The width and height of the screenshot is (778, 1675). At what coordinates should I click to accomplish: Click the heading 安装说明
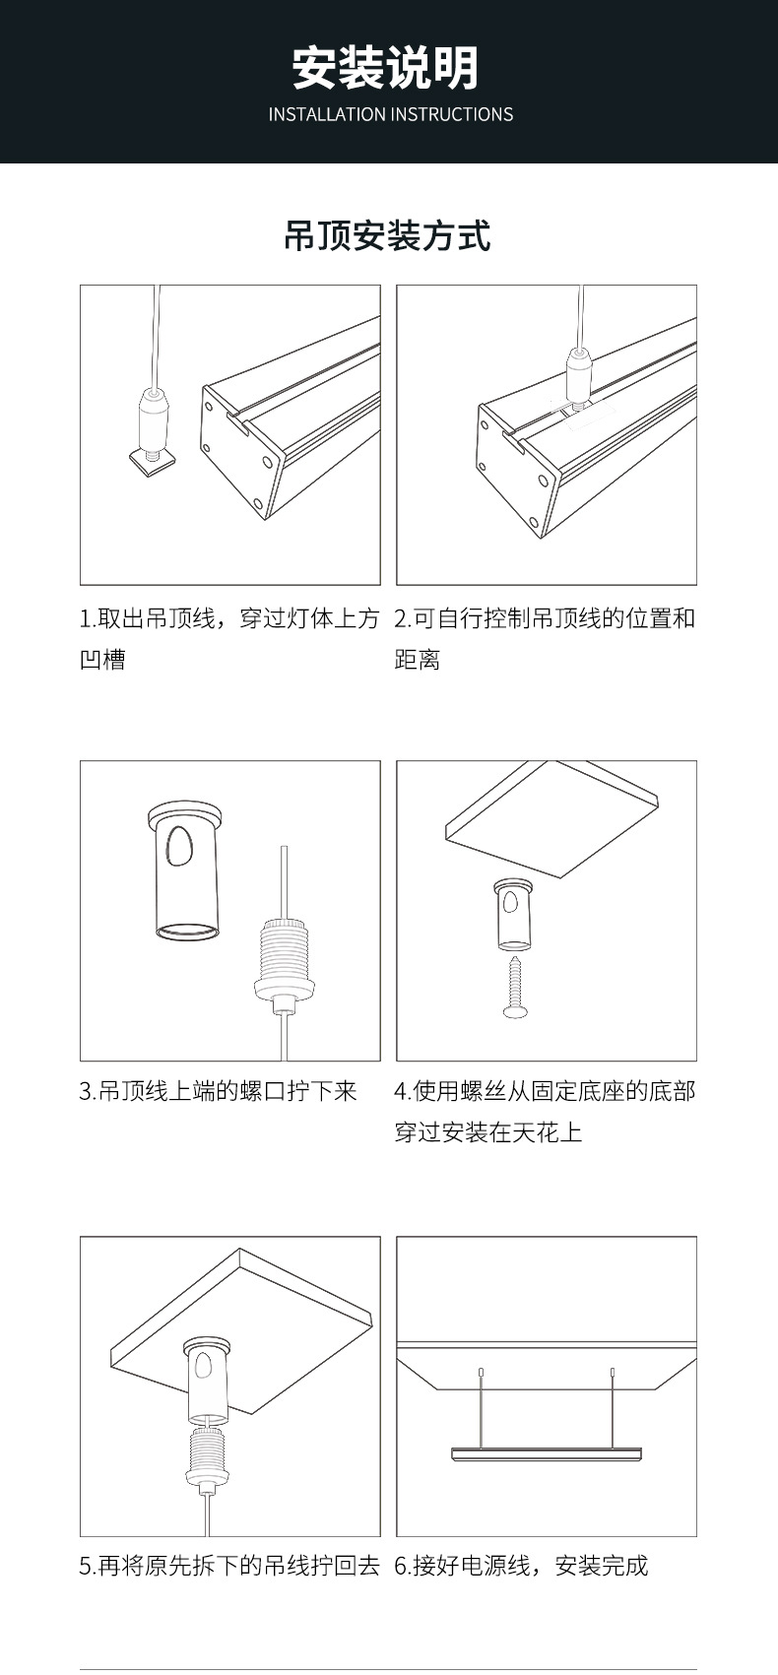click(x=386, y=68)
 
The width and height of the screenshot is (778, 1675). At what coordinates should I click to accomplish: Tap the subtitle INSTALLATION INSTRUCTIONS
click(x=390, y=114)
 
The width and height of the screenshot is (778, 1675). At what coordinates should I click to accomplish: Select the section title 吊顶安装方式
click(x=387, y=236)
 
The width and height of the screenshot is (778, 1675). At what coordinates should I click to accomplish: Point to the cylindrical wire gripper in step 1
click(x=154, y=417)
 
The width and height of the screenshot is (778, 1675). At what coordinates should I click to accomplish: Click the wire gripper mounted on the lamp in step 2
click(x=578, y=375)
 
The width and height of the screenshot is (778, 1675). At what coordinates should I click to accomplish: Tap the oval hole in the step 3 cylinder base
click(x=180, y=846)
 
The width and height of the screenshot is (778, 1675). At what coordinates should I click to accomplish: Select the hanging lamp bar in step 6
click(x=547, y=1453)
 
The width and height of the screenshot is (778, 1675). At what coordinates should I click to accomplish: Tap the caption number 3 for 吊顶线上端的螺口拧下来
click(x=86, y=1091)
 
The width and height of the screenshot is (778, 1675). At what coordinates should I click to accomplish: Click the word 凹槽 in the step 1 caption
click(x=102, y=660)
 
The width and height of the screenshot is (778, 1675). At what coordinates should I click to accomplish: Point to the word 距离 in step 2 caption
click(x=418, y=660)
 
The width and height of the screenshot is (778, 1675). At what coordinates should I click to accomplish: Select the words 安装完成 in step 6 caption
click(x=602, y=1565)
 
